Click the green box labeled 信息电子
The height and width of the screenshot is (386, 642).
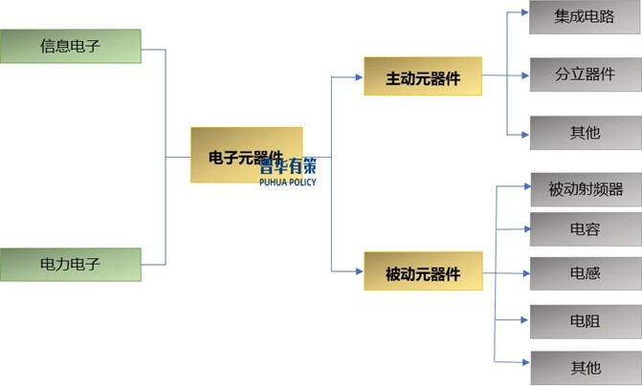70,46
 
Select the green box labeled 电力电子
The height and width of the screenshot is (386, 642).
70,264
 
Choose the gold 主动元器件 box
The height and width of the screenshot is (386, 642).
422,76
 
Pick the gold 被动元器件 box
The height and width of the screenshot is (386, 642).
422,273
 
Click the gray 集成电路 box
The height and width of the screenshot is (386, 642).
584,17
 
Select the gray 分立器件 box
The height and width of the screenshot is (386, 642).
584,74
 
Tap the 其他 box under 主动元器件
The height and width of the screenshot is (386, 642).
584,132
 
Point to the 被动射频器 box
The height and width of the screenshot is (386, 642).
585,189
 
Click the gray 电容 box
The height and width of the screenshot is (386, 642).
585,229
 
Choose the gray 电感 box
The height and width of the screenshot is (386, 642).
585,273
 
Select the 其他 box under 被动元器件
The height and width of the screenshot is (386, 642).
585,366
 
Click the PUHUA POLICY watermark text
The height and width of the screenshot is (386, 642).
287,182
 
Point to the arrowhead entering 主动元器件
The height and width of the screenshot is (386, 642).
359,76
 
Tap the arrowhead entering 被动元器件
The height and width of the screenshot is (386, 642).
359,273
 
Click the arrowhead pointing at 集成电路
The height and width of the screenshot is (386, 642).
524,13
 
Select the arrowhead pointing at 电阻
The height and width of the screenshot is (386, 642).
525,321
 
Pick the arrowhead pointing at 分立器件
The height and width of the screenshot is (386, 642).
524,74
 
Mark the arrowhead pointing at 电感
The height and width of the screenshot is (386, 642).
525,273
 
